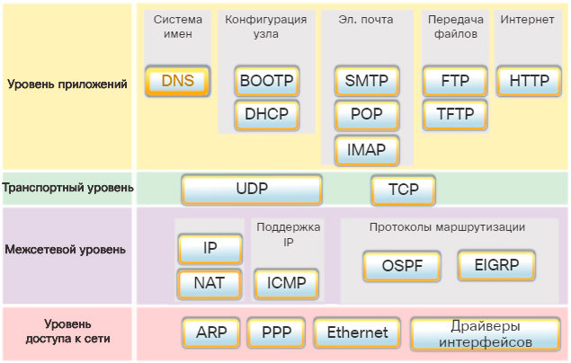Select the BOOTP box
[x=266, y=81]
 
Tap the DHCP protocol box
[x=266, y=115]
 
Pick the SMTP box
[x=366, y=81]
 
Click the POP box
[x=366, y=115]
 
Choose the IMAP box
[x=366, y=149]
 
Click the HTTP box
[x=529, y=81]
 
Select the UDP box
[x=252, y=190]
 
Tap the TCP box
[x=403, y=190]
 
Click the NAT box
[x=210, y=284]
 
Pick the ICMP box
[x=287, y=284]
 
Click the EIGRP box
[x=496, y=265]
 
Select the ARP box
[x=211, y=332]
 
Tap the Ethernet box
[x=357, y=332]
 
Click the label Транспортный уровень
[x=68, y=188]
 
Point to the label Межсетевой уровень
[x=66, y=249]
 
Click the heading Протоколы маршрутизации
[x=448, y=227]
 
